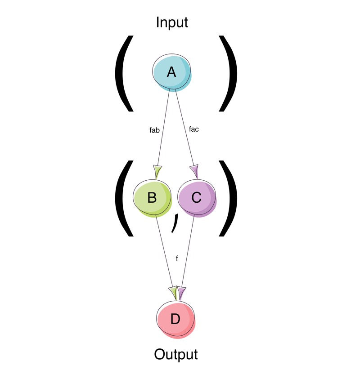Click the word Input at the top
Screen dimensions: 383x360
point(172,22)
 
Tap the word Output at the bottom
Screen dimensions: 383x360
point(175,354)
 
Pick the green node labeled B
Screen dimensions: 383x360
point(152,198)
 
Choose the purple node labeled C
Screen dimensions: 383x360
point(197,198)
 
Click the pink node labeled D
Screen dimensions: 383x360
point(175,319)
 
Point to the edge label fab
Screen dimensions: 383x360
point(154,130)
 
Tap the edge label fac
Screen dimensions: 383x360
point(194,129)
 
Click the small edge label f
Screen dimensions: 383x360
point(177,259)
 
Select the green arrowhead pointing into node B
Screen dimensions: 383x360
point(157,171)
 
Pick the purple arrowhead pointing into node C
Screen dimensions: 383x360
point(194,171)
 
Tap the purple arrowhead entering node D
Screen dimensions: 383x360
point(181,292)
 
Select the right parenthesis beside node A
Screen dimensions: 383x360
point(229,73)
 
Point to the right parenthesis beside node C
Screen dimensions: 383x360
point(229,198)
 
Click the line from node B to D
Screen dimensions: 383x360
point(164,252)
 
